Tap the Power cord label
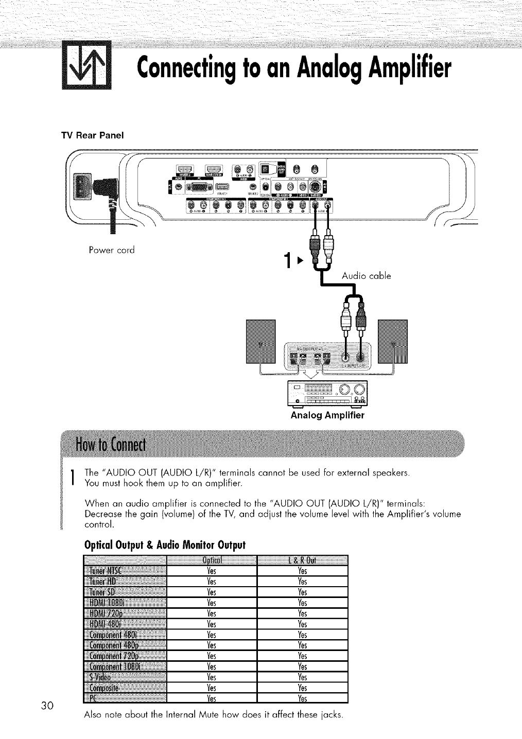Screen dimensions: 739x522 point(112,251)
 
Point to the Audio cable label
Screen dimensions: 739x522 point(366,276)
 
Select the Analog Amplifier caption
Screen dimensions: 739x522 point(327,415)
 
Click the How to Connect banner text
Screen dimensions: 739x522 point(111,444)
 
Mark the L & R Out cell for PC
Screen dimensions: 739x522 point(303,698)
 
